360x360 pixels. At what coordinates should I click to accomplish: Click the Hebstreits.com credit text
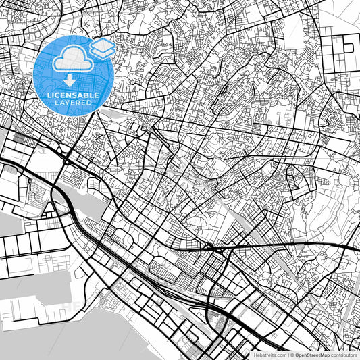click(x=270, y=354)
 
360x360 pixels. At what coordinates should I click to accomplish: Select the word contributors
click(x=344, y=354)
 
